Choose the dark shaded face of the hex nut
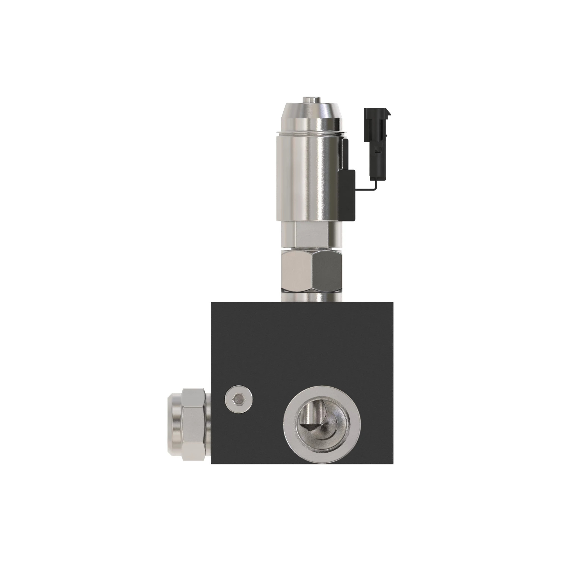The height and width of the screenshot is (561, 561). coord(327,269)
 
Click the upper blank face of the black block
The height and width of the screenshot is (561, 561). coord(302,343)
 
